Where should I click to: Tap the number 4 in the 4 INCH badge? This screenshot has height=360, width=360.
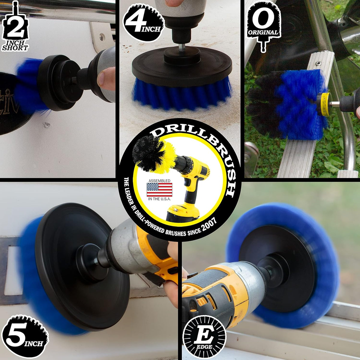(x=136, y=22)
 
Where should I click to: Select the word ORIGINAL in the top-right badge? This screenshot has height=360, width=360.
(x=263, y=32)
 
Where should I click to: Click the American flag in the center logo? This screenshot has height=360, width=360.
(x=159, y=190)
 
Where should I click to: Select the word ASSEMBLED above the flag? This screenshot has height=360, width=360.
(x=159, y=181)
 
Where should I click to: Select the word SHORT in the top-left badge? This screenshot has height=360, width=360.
(x=15, y=48)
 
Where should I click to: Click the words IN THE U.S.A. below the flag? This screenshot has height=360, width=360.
(x=159, y=199)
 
